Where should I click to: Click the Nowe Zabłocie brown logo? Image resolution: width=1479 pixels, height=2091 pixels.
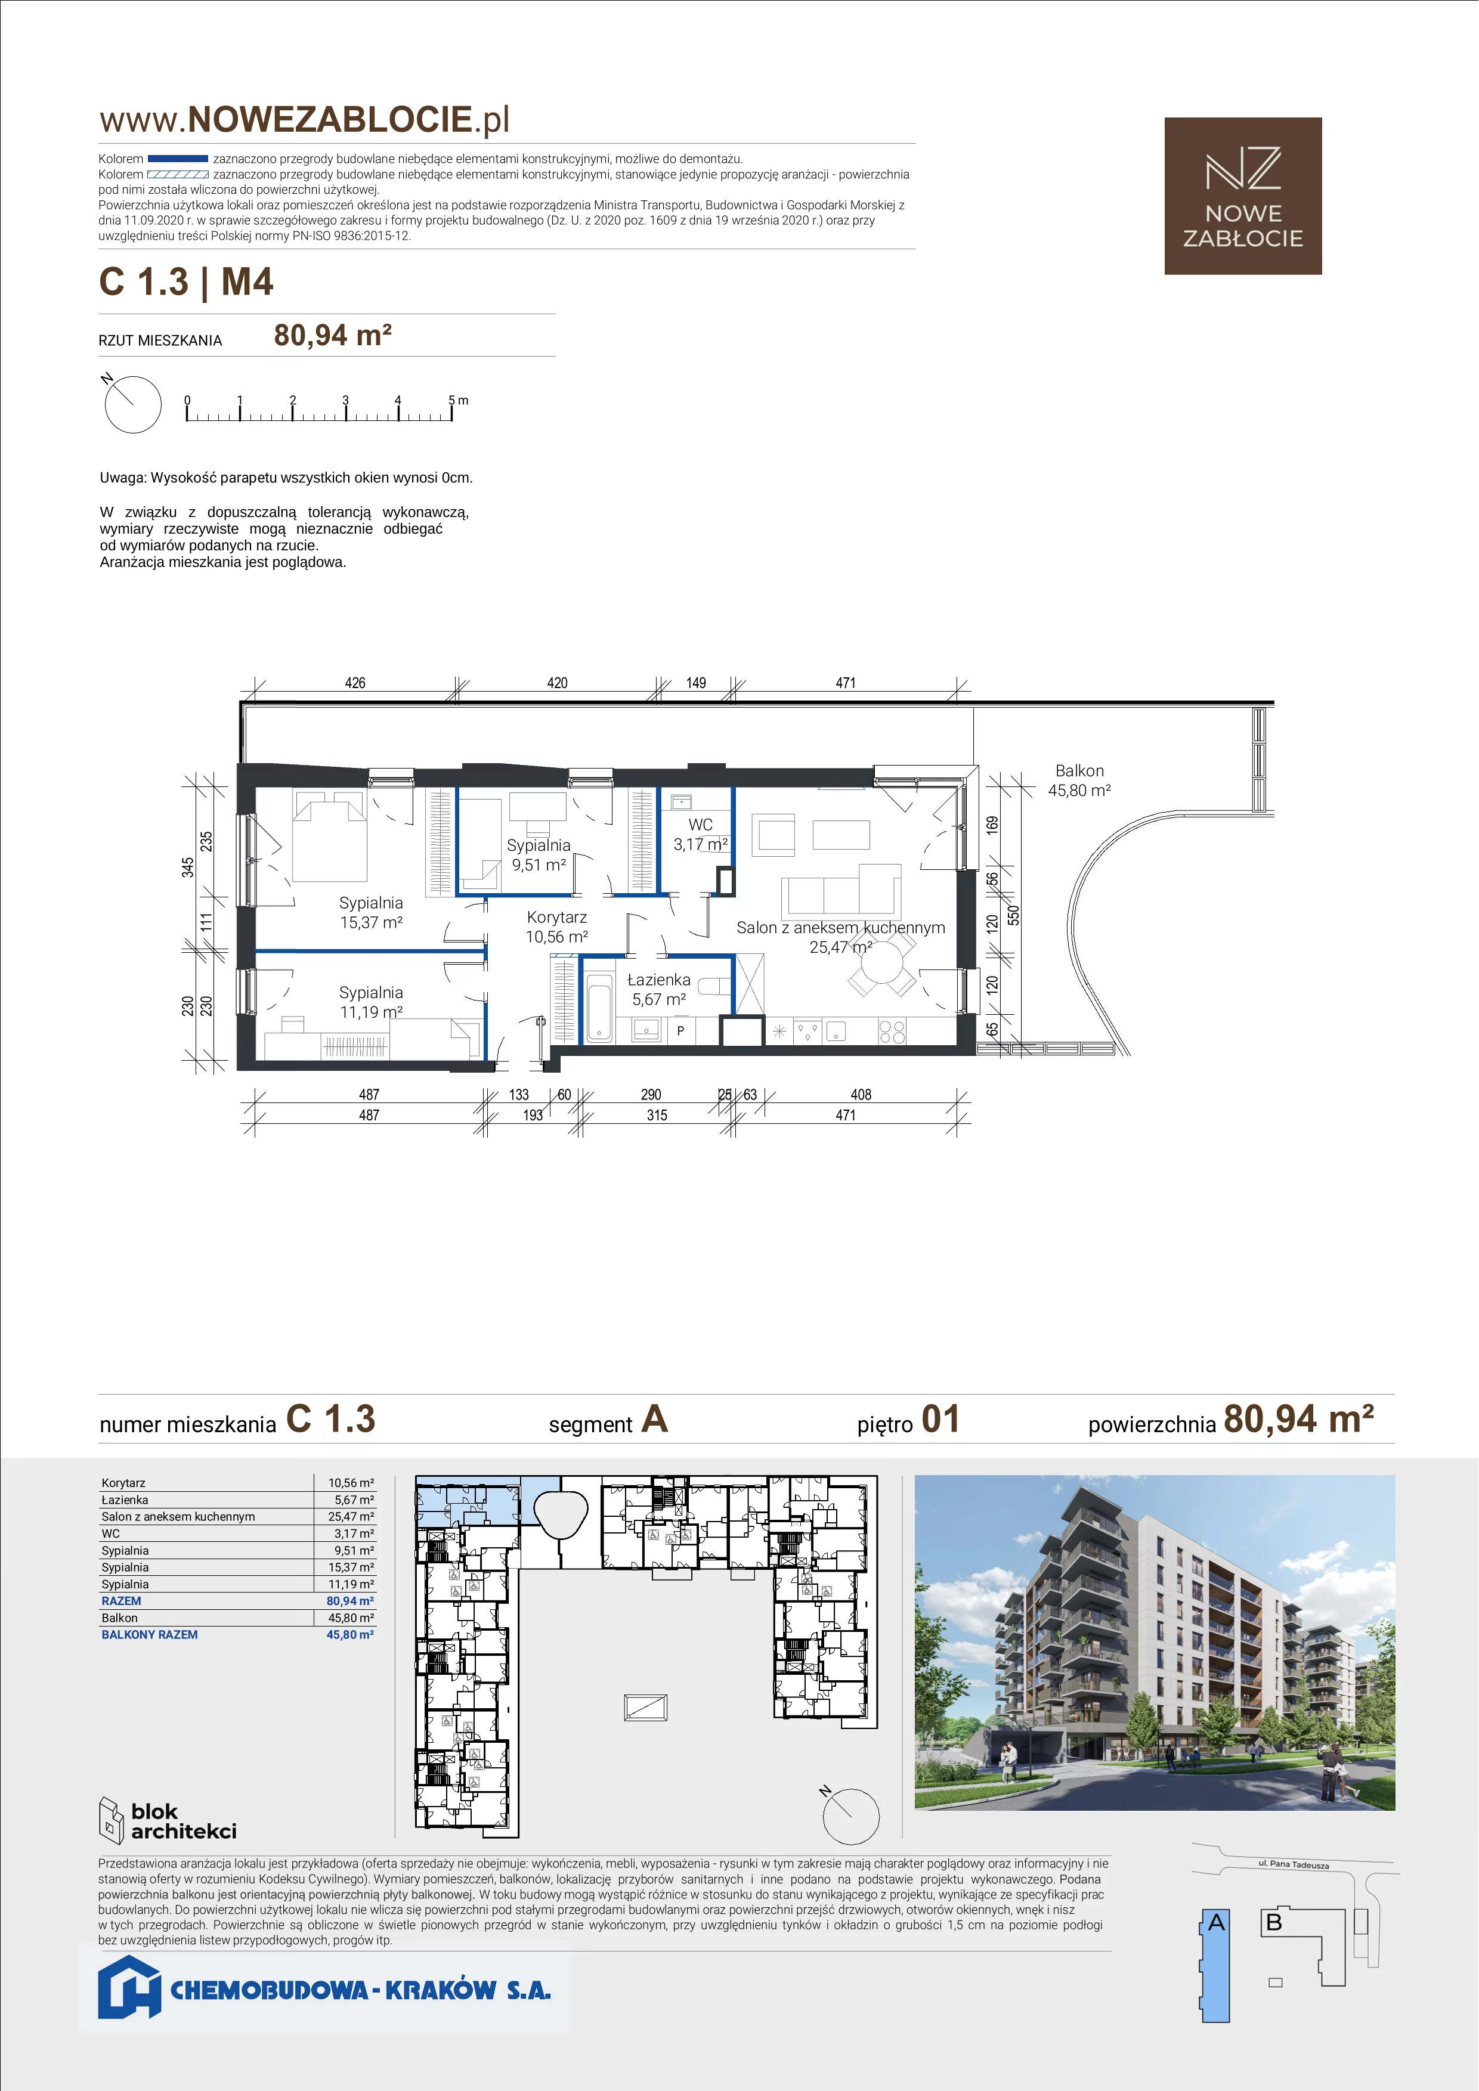click(1243, 196)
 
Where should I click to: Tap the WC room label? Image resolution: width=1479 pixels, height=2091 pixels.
click(700, 824)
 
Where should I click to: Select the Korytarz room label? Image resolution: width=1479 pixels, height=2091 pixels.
click(556, 917)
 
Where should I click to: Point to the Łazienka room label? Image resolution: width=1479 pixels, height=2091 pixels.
click(660, 980)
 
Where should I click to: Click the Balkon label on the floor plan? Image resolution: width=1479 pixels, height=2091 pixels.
click(1079, 770)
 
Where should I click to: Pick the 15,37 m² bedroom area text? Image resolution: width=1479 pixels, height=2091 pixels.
click(371, 922)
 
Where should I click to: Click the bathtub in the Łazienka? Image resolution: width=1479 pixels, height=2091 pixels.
click(599, 1008)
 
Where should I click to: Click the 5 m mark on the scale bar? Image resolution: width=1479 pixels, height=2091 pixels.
click(458, 400)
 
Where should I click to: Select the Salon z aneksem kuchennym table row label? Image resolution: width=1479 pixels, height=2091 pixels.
click(178, 1516)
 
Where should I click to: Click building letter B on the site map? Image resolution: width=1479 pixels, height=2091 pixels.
click(1274, 1922)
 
